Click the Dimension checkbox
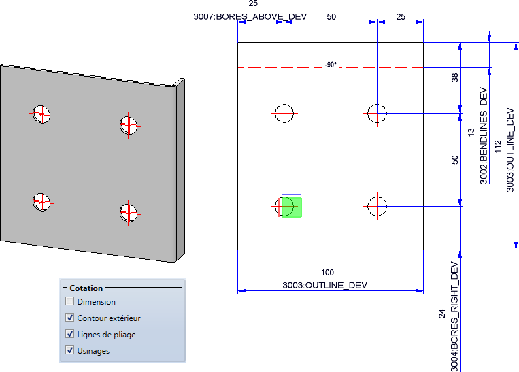(69, 301)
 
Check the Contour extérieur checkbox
(69, 318)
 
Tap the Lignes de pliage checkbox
(69, 334)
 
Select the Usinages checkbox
(69, 350)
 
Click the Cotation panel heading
(86, 288)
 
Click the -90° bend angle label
(331, 65)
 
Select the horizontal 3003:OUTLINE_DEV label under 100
(325, 285)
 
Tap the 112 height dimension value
(497, 147)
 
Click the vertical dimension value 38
(456, 79)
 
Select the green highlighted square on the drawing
(291, 207)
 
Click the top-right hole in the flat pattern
(378, 113)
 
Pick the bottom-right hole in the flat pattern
(377, 205)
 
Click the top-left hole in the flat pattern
(284, 113)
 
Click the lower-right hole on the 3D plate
(127, 214)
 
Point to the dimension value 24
(441, 314)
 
